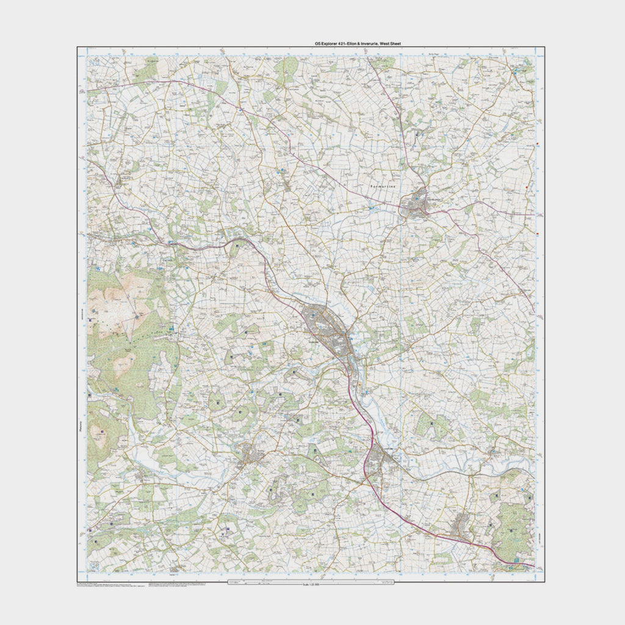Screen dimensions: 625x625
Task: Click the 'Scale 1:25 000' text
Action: pyautogui.click(x=311, y=585)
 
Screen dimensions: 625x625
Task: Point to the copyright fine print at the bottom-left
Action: pyautogui.click(x=110, y=586)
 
